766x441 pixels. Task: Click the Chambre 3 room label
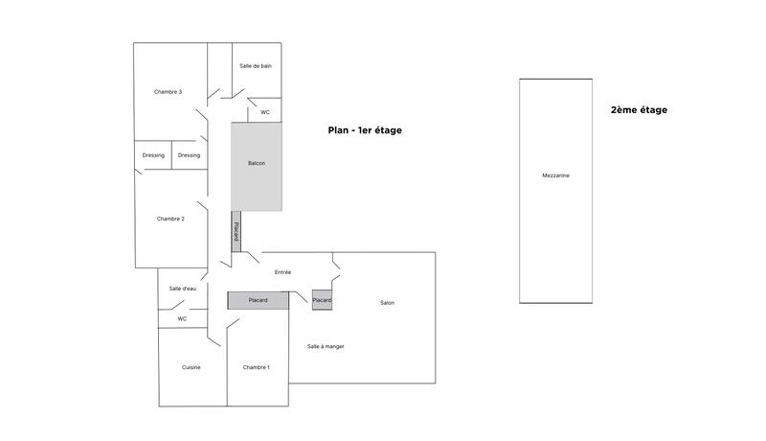(168, 92)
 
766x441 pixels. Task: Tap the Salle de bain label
(256, 65)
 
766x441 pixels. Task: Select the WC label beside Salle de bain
(265, 112)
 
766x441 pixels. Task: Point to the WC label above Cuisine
(182, 319)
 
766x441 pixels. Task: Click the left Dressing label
(153, 155)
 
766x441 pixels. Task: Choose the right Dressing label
(189, 155)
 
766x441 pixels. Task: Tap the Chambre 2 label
(170, 219)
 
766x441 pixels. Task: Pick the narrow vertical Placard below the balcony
(236, 231)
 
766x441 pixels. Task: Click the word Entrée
(282, 272)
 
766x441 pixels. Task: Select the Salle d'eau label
(182, 289)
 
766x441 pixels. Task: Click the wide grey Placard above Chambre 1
(258, 300)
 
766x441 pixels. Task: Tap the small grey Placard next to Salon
(322, 300)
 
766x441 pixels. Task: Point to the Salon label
(387, 303)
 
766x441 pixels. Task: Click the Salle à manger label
(326, 346)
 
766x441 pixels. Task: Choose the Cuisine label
(191, 367)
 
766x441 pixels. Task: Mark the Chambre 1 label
(256, 367)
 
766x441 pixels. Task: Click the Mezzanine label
(555, 175)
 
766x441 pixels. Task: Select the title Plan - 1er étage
(365, 130)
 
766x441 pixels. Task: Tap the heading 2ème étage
(639, 110)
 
